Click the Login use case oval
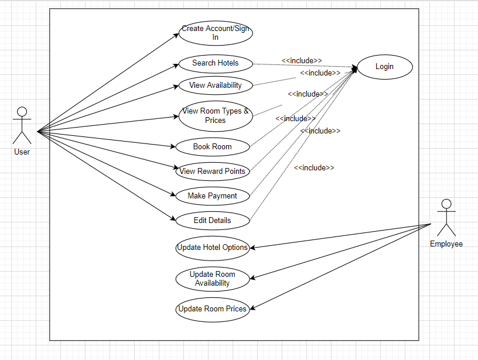[x=385, y=67]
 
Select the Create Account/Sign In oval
[x=216, y=33]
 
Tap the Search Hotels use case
[x=216, y=64]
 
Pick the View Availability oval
[x=216, y=85]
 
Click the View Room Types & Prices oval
[x=216, y=116]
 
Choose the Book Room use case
[x=213, y=147]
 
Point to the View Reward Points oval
[x=213, y=172]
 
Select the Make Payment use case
[x=213, y=196]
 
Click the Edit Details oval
[x=213, y=221]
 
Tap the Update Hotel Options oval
[x=213, y=248]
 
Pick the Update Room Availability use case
[x=213, y=279]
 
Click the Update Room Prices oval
[x=213, y=310]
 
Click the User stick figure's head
[x=22, y=111]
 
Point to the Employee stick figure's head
[x=446, y=204]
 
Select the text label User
[x=22, y=152]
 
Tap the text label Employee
[x=446, y=244]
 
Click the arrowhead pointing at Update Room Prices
[x=252, y=308]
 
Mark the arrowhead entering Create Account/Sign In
[x=176, y=35]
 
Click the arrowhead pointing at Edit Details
[x=173, y=219]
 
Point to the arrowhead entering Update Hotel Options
[x=252, y=248]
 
